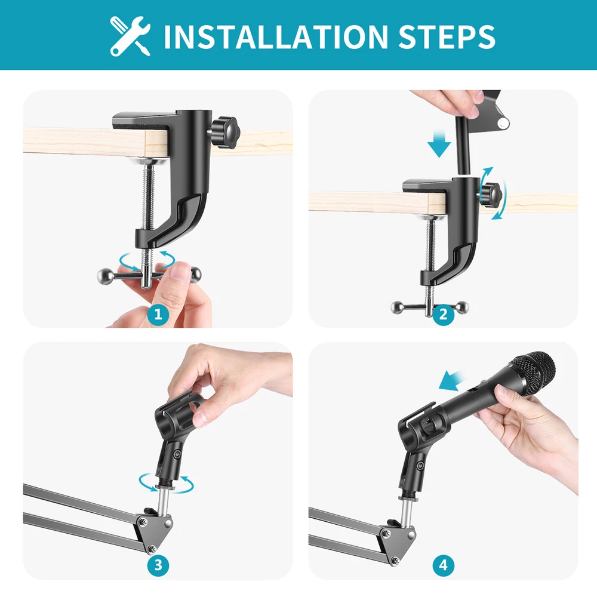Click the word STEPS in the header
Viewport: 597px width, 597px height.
[447, 36]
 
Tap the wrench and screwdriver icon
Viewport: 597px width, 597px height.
[130, 36]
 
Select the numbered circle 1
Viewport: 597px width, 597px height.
[158, 315]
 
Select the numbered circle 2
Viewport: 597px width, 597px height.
[444, 315]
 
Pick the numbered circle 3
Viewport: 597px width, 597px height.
[158, 565]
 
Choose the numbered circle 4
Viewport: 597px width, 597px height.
[444, 565]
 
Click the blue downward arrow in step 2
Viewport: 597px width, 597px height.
[439, 143]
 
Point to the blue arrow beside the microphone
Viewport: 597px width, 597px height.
[452, 381]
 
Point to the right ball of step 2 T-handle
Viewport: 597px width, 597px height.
[463, 306]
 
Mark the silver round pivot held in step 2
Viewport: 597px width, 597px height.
[503, 123]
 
